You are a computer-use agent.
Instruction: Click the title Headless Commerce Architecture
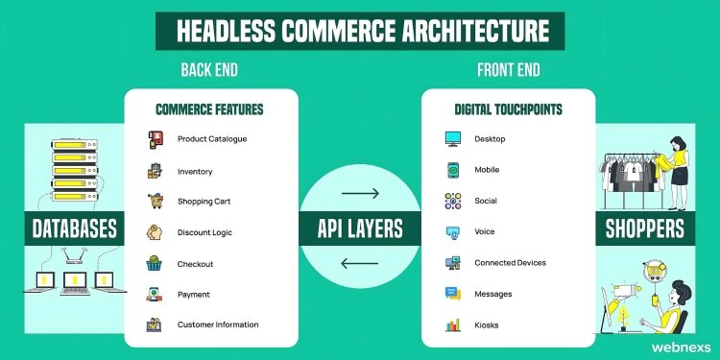click(x=360, y=31)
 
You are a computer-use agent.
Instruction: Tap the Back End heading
click(x=210, y=71)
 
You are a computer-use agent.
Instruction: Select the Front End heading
click(x=508, y=71)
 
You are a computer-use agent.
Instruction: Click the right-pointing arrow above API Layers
click(x=360, y=194)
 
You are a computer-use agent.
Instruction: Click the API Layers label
click(x=360, y=228)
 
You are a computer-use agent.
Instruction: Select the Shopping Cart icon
click(x=155, y=202)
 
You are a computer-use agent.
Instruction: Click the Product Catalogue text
click(x=212, y=139)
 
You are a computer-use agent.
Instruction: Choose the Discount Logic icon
click(x=155, y=232)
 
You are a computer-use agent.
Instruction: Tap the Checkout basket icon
click(x=155, y=263)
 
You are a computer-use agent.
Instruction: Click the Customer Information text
click(x=218, y=324)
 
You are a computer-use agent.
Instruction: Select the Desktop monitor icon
click(x=453, y=139)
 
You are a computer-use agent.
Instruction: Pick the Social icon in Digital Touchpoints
click(x=453, y=202)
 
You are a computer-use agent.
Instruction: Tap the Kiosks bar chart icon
click(x=453, y=324)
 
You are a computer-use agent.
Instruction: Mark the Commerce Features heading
click(x=210, y=109)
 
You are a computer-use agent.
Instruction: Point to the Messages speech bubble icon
click(x=453, y=294)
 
